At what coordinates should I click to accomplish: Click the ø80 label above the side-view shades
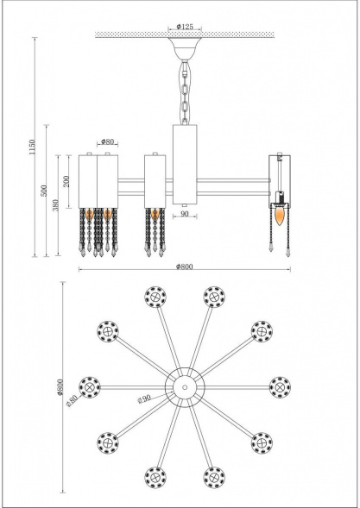(x=108, y=141)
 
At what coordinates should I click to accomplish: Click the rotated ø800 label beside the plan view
(x=61, y=392)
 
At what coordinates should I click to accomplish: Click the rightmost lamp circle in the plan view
(x=278, y=386)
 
